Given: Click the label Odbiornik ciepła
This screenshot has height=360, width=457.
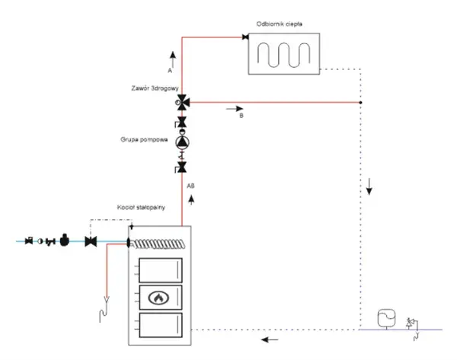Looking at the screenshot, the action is tap(279, 24).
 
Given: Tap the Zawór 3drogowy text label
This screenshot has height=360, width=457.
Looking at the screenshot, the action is tap(155, 88).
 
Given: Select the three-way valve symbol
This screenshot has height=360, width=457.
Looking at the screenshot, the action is tap(183, 103).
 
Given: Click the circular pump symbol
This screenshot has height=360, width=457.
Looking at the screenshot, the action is tap(182, 142).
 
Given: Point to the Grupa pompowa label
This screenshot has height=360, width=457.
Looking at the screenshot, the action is tap(144, 139).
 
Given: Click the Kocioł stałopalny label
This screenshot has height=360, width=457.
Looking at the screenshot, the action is tap(141, 207).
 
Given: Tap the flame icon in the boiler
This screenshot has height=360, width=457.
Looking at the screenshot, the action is tap(158, 298).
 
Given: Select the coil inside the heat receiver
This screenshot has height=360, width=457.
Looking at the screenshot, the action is tap(283, 55).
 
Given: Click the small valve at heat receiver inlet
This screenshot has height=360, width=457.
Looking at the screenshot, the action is tap(245, 37).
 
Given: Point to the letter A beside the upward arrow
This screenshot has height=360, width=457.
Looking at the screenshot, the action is tap(170, 71).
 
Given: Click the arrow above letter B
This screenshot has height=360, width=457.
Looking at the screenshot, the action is tap(235, 109).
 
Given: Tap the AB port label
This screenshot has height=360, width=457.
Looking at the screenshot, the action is tap(190, 186).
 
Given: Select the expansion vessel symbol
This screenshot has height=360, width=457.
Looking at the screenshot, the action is tap(386, 318).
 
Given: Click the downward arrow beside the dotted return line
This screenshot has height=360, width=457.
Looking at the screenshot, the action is tap(369, 186).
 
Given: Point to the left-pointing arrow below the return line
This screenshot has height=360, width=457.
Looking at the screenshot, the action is tap(270, 339).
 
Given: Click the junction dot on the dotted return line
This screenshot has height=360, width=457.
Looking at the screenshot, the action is tap(360, 103).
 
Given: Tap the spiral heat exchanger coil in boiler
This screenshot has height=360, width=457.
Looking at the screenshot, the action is tap(159, 244).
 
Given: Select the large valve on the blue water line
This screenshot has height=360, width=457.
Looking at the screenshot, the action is tap(91, 241).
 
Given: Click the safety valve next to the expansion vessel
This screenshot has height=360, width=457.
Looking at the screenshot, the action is tap(410, 323).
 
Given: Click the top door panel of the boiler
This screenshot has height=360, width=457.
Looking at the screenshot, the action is tap(161, 270).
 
